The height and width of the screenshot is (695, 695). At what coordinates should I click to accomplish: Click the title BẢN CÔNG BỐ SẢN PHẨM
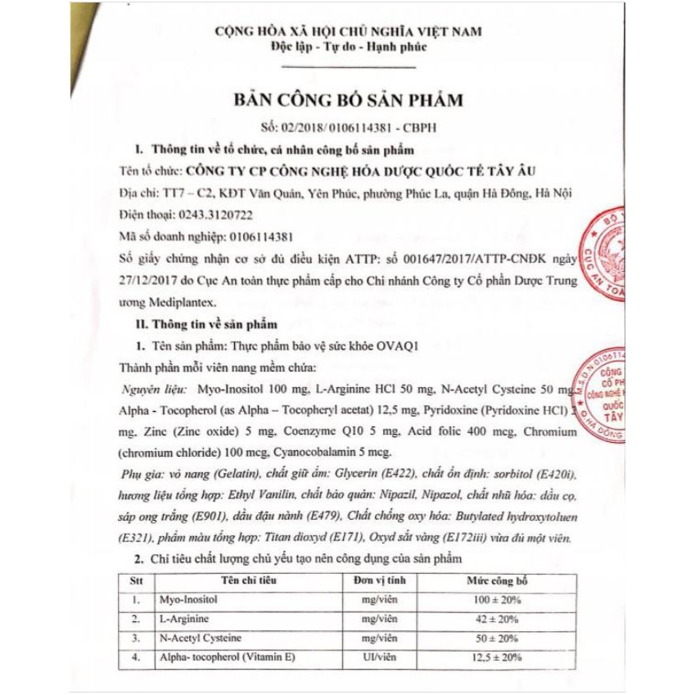point(348,101)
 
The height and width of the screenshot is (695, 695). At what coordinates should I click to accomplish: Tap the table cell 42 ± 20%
point(498,619)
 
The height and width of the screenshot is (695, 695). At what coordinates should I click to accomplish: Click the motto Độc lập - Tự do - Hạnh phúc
point(348,47)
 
